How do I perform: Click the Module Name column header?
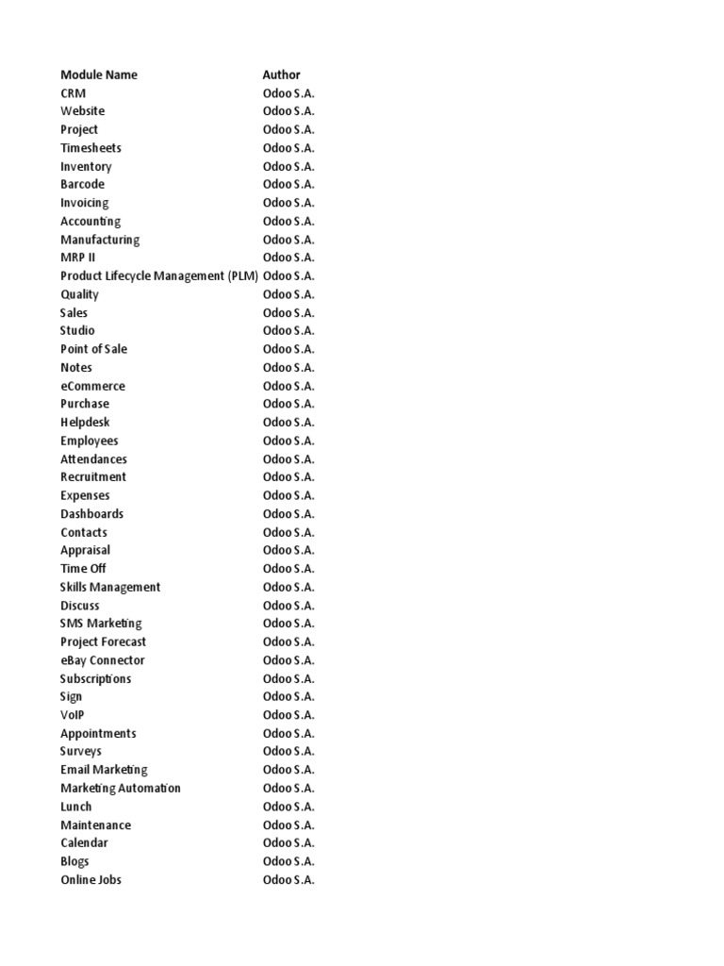pos(99,75)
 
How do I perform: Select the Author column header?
pos(282,75)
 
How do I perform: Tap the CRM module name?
pos(74,93)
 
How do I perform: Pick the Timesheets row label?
pos(90,148)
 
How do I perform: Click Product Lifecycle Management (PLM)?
pos(159,276)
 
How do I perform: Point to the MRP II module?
pos(78,258)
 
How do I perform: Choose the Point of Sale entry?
pos(94,349)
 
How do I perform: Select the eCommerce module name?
pos(92,386)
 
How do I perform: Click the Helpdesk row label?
pos(86,423)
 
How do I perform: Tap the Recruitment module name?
pos(93,477)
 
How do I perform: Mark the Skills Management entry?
pos(110,587)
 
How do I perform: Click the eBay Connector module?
pos(103,660)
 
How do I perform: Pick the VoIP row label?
pos(73,715)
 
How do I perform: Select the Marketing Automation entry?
pos(121,789)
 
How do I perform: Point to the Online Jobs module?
pos(91,880)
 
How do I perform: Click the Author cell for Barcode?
pos(288,185)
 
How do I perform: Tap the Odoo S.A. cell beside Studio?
pos(288,331)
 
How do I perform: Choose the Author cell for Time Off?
pos(288,569)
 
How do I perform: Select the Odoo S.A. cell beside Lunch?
pos(288,807)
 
